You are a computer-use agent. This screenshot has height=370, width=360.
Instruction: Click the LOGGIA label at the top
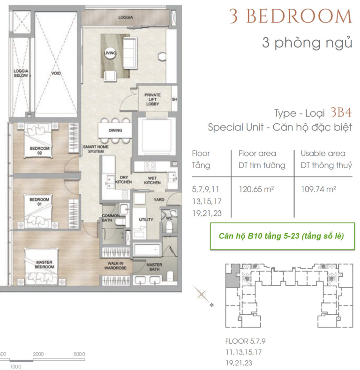[126, 17]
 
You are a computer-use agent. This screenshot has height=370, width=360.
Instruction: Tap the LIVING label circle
[110, 53]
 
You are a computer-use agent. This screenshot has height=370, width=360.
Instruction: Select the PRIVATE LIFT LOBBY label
[152, 99]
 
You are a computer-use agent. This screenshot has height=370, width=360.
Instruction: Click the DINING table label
[115, 130]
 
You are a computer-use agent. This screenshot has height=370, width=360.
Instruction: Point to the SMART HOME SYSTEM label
[96, 149]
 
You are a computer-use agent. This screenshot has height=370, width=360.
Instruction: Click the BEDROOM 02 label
[39, 150]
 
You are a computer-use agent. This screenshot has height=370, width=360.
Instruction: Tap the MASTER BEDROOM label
[44, 264]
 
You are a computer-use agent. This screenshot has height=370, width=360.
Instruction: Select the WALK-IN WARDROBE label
[115, 266]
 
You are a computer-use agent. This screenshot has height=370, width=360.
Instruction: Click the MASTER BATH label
[154, 267]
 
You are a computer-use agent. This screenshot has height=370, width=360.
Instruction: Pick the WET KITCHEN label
[152, 180]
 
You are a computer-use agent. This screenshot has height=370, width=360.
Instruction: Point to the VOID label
[56, 73]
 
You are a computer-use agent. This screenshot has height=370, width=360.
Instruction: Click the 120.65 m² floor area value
[256, 189]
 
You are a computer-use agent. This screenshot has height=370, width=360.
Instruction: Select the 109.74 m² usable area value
[318, 189]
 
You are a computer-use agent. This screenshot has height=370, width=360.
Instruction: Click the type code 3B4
[341, 112]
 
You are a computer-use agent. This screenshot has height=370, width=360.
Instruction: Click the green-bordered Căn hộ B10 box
[282, 236]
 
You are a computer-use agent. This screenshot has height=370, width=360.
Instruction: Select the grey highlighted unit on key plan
[232, 276]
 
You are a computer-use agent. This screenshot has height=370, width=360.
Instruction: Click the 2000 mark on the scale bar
[38, 354]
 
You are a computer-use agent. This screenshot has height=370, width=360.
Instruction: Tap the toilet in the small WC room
[169, 228]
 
